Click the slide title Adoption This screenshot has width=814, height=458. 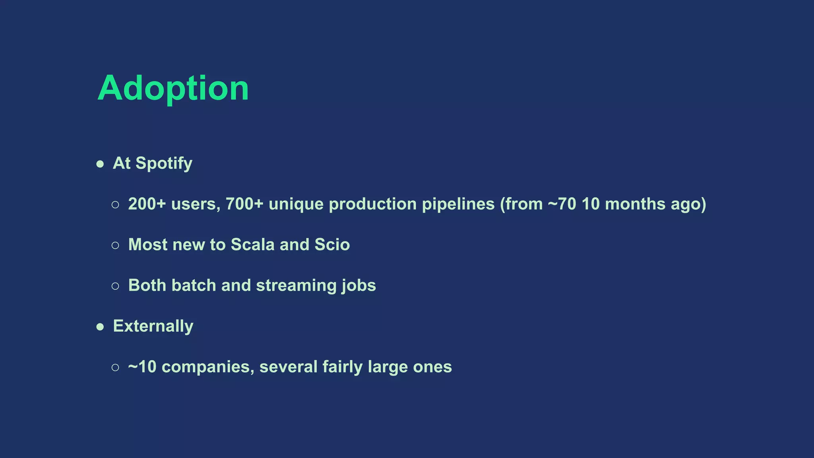point(173,88)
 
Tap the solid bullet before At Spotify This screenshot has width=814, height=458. point(100,164)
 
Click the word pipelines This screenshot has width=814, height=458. point(458,204)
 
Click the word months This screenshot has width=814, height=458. point(635,204)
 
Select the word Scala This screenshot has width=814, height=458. point(252,245)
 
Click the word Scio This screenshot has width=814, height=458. point(332,245)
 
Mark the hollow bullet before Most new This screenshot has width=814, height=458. point(115,245)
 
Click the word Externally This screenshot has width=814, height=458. point(153,326)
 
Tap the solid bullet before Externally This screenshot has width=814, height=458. point(100,327)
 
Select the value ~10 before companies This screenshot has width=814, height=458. point(142,367)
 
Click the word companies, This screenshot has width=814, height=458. point(208,367)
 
